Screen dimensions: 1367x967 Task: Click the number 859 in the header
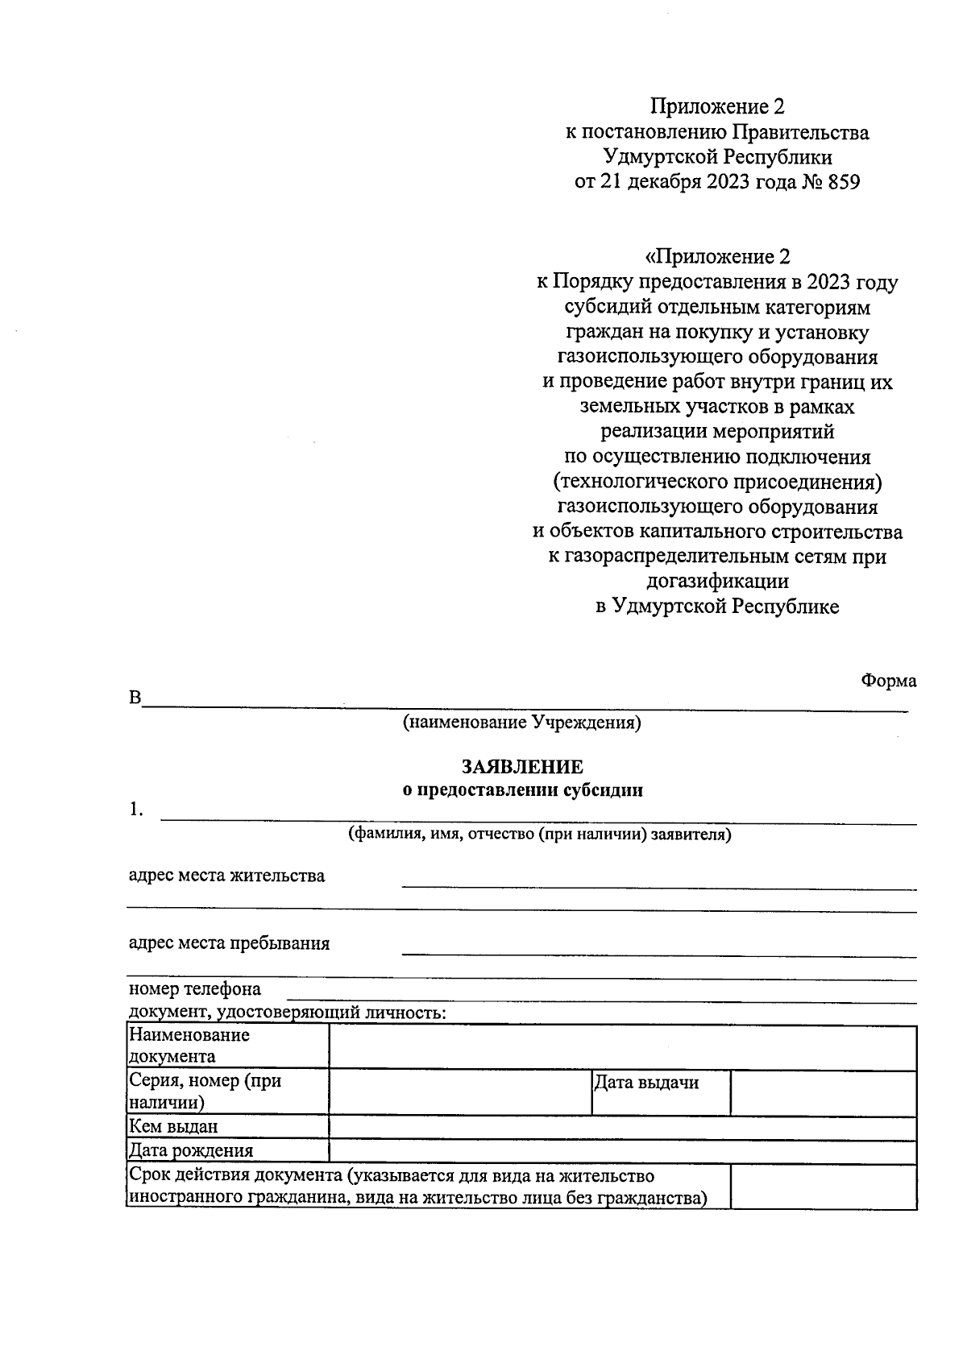click(x=843, y=182)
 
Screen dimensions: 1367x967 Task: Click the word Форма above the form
click(x=888, y=681)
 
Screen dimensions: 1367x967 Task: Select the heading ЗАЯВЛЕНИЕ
click(x=522, y=766)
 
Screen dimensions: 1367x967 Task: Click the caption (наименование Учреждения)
click(x=522, y=723)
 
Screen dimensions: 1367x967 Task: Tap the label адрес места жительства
click(x=226, y=876)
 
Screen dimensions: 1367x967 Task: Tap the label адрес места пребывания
click(x=229, y=943)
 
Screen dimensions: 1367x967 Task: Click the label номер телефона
click(x=194, y=989)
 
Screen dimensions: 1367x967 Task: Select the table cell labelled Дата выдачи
click(x=645, y=1083)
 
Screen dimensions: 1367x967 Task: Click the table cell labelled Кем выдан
click(x=173, y=1127)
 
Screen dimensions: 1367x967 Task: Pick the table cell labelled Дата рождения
click(x=191, y=1151)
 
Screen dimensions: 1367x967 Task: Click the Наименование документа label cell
click(x=189, y=1046)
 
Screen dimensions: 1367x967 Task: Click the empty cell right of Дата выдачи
click(x=823, y=1092)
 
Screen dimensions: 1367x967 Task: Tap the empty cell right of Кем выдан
click(x=622, y=1128)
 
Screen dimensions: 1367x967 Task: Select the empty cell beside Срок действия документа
click(x=823, y=1187)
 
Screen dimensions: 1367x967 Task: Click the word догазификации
click(x=717, y=581)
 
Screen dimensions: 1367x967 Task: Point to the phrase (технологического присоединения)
click(x=717, y=482)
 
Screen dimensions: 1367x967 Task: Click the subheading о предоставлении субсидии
click(x=522, y=790)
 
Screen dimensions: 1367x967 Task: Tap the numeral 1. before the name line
click(x=136, y=810)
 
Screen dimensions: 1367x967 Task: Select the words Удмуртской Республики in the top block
click(x=717, y=156)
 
